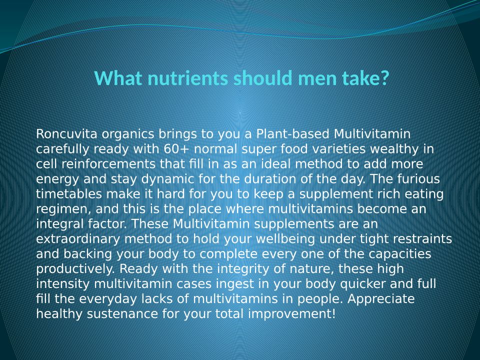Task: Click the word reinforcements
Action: coord(108,164)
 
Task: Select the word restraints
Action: coord(422,239)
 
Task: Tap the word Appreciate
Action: coord(381,299)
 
